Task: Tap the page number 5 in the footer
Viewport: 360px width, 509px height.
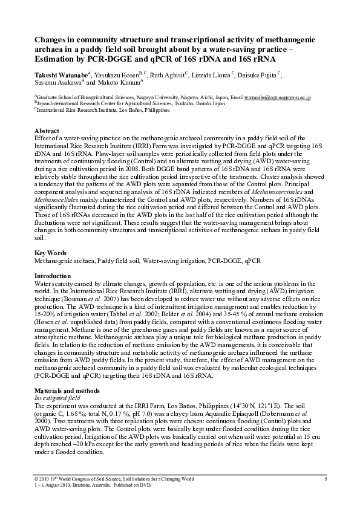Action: pyautogui.click(x=325, y=479)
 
